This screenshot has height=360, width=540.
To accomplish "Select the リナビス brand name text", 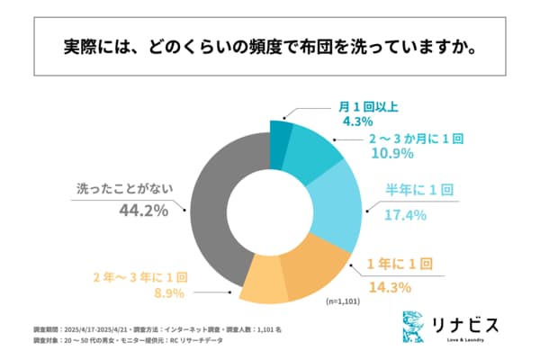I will pyautogui.click(x=463, y=322).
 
